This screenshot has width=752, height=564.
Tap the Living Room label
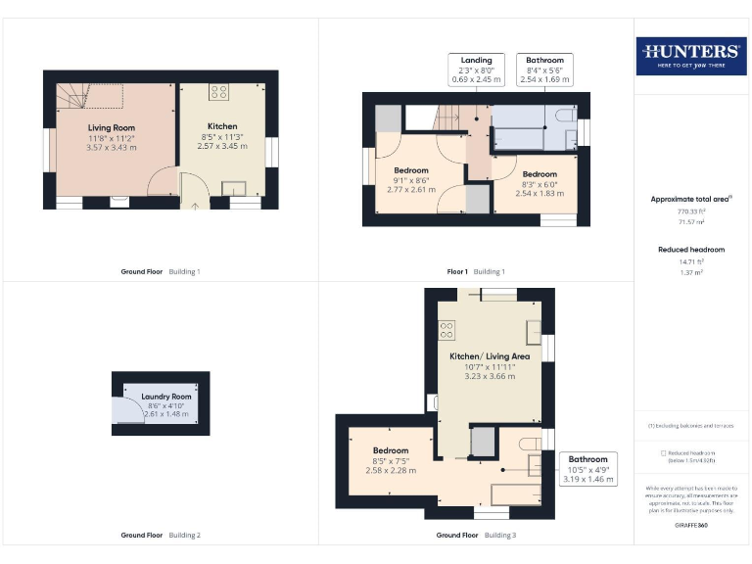[111, 127]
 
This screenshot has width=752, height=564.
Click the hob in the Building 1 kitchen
[219, 93]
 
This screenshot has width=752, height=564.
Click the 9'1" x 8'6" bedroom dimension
[411, 179]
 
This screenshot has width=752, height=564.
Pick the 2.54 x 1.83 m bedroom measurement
[539, 193]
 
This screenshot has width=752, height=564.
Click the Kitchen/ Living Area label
[490, 356]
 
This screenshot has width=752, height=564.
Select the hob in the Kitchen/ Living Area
[446, 329]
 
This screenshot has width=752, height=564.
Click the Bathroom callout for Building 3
[587, 469]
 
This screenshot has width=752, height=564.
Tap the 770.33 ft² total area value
[692, 210]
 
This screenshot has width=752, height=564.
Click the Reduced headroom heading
[691, 250]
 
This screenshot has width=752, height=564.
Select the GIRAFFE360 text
[691, 526]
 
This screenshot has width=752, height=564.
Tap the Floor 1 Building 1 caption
[476, 271]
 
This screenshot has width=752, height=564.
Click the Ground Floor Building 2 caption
[161, 536]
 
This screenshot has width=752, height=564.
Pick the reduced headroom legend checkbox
[664, 452]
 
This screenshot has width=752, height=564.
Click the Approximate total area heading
[689, 199]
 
